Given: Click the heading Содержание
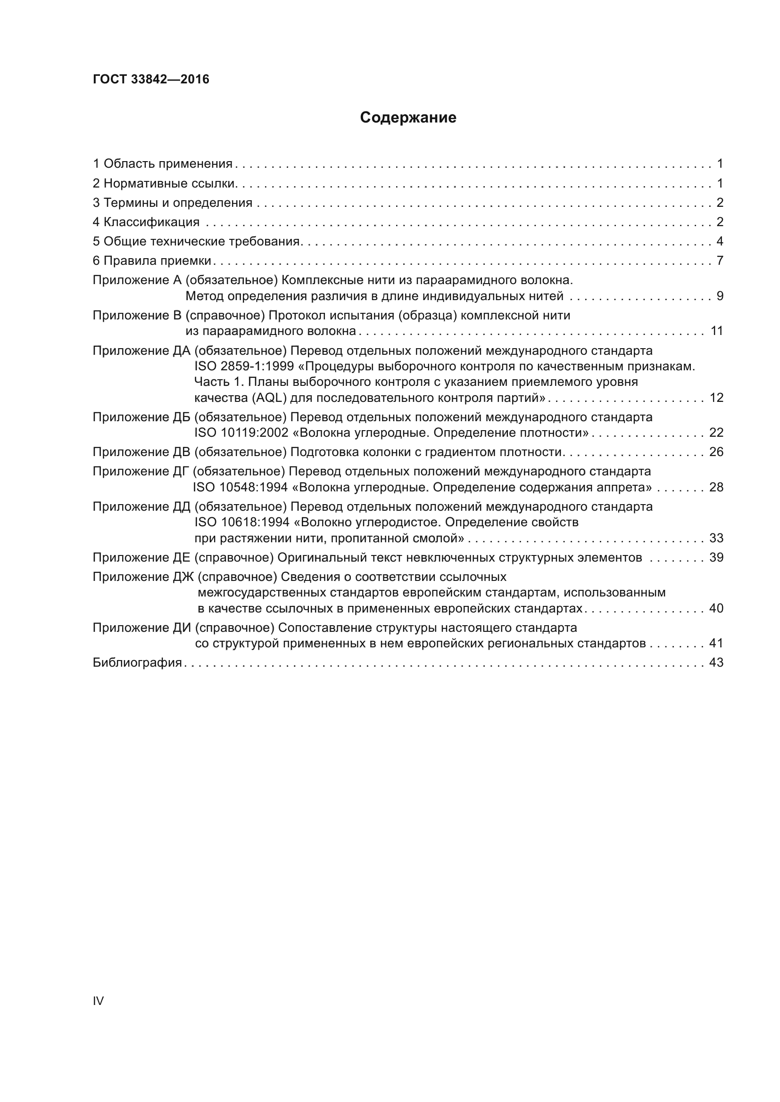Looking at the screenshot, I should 408,118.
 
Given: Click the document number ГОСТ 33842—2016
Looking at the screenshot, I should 151,79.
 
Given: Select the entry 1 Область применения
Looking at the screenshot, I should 162,164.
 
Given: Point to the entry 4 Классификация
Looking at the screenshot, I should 146,222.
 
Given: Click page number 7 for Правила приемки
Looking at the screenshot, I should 720,261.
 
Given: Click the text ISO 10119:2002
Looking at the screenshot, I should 241,433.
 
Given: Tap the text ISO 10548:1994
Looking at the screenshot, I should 240,488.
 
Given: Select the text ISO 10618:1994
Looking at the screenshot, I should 241,522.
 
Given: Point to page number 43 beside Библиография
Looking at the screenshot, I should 716,663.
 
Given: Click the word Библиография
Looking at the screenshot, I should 137,663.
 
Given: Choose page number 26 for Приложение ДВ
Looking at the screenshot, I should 716,452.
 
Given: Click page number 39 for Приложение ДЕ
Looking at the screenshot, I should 716,558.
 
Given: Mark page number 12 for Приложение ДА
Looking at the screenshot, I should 716,398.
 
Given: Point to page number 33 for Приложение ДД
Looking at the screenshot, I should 716,538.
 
